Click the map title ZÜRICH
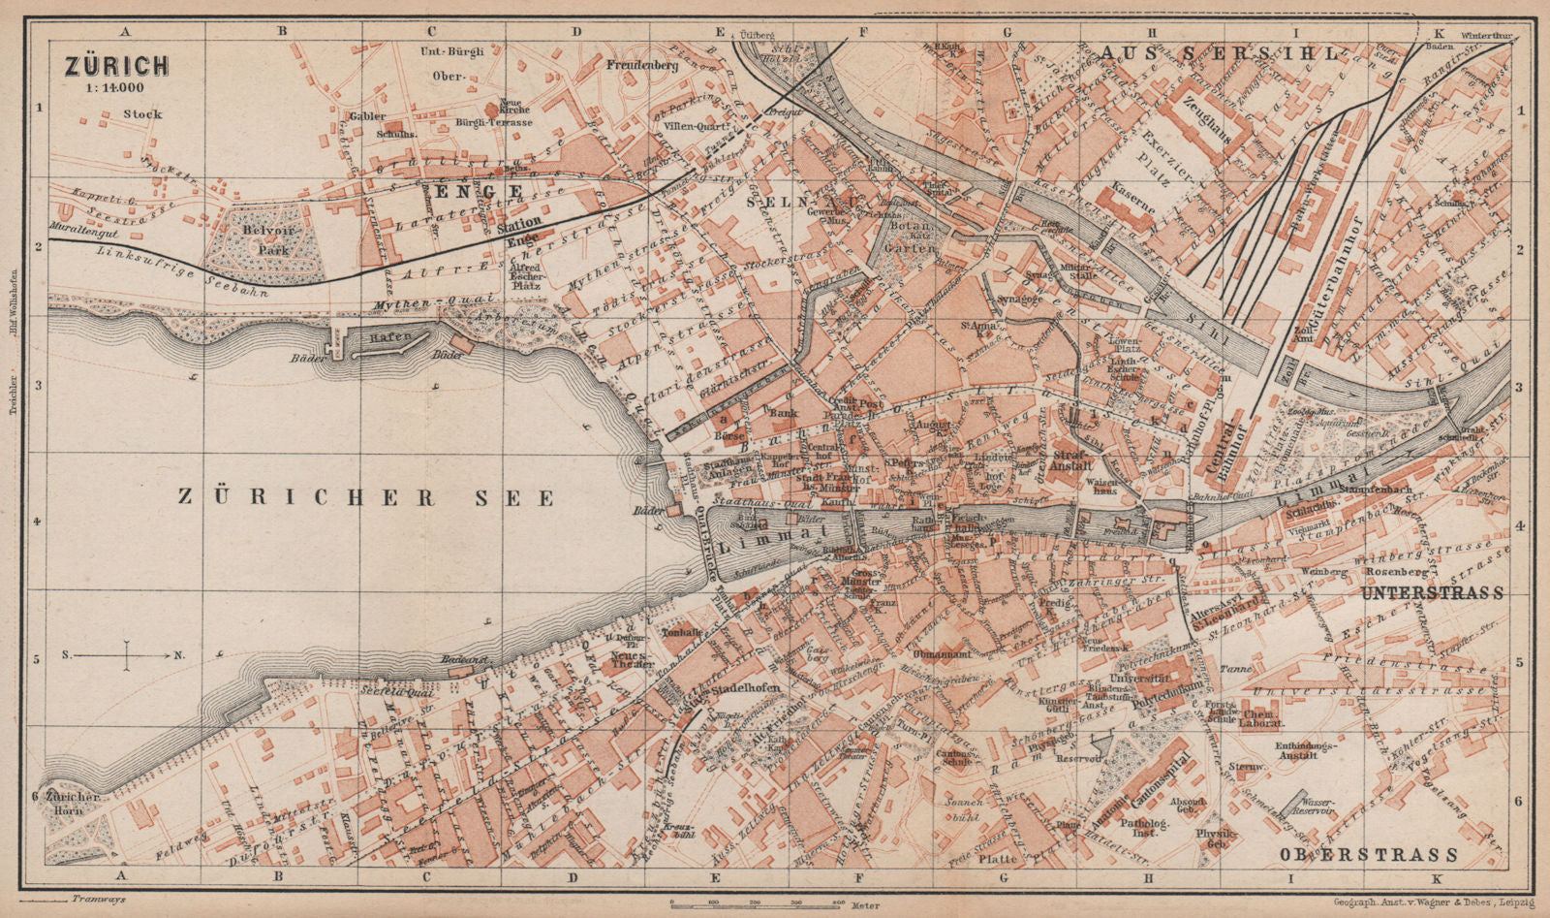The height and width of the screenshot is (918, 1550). [x=116, y=65]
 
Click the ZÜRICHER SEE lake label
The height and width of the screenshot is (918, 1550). [x=366, y=497]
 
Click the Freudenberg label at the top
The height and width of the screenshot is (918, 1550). [x=641, y=66]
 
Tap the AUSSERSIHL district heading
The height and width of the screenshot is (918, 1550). [x=1219, y=53]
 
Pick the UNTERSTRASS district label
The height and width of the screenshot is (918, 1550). [x=1432, y=592]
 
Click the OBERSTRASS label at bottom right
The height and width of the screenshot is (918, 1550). [x=1368, y=854]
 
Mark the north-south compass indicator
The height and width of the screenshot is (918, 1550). [x=127, y=656]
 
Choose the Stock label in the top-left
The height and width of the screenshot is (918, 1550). [x=142, y=114]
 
